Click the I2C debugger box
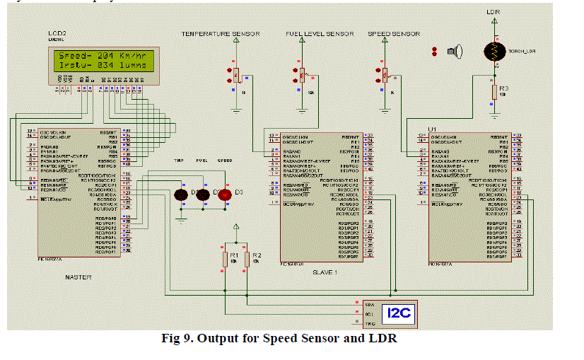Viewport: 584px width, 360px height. pyautogui.click(x=395, y=312)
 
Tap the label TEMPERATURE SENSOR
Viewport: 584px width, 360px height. pyautogui.click(x=220, y=34)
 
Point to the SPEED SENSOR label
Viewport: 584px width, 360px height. pyautogui.click(x=394, y=34)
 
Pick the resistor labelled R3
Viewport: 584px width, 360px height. pyautogui.click(x=495, y=91)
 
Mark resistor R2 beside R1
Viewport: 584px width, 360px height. pyautogui.click(x=246, y=260)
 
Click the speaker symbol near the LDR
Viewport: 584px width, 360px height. pyautogui.click(x=457, y=51)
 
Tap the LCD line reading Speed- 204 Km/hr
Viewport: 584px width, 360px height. pyautogui.click(x=103, y=56)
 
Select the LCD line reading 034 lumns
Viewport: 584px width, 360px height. pyautogui.click(x=103, y=65)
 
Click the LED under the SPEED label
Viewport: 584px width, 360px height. pyautogui.click(x=225, y=194)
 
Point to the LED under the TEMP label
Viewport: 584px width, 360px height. pyautogui.click(x=180, y=194)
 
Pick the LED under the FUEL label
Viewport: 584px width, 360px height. pyautogui.click(x=203, y=194)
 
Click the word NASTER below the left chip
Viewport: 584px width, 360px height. pyautogui.click(x=78, y=277)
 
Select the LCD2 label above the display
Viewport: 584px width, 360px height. pyautogui.click(x=58, y=33)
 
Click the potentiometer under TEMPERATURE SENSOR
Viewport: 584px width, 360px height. pyautogui.click(x=235, y=75)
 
